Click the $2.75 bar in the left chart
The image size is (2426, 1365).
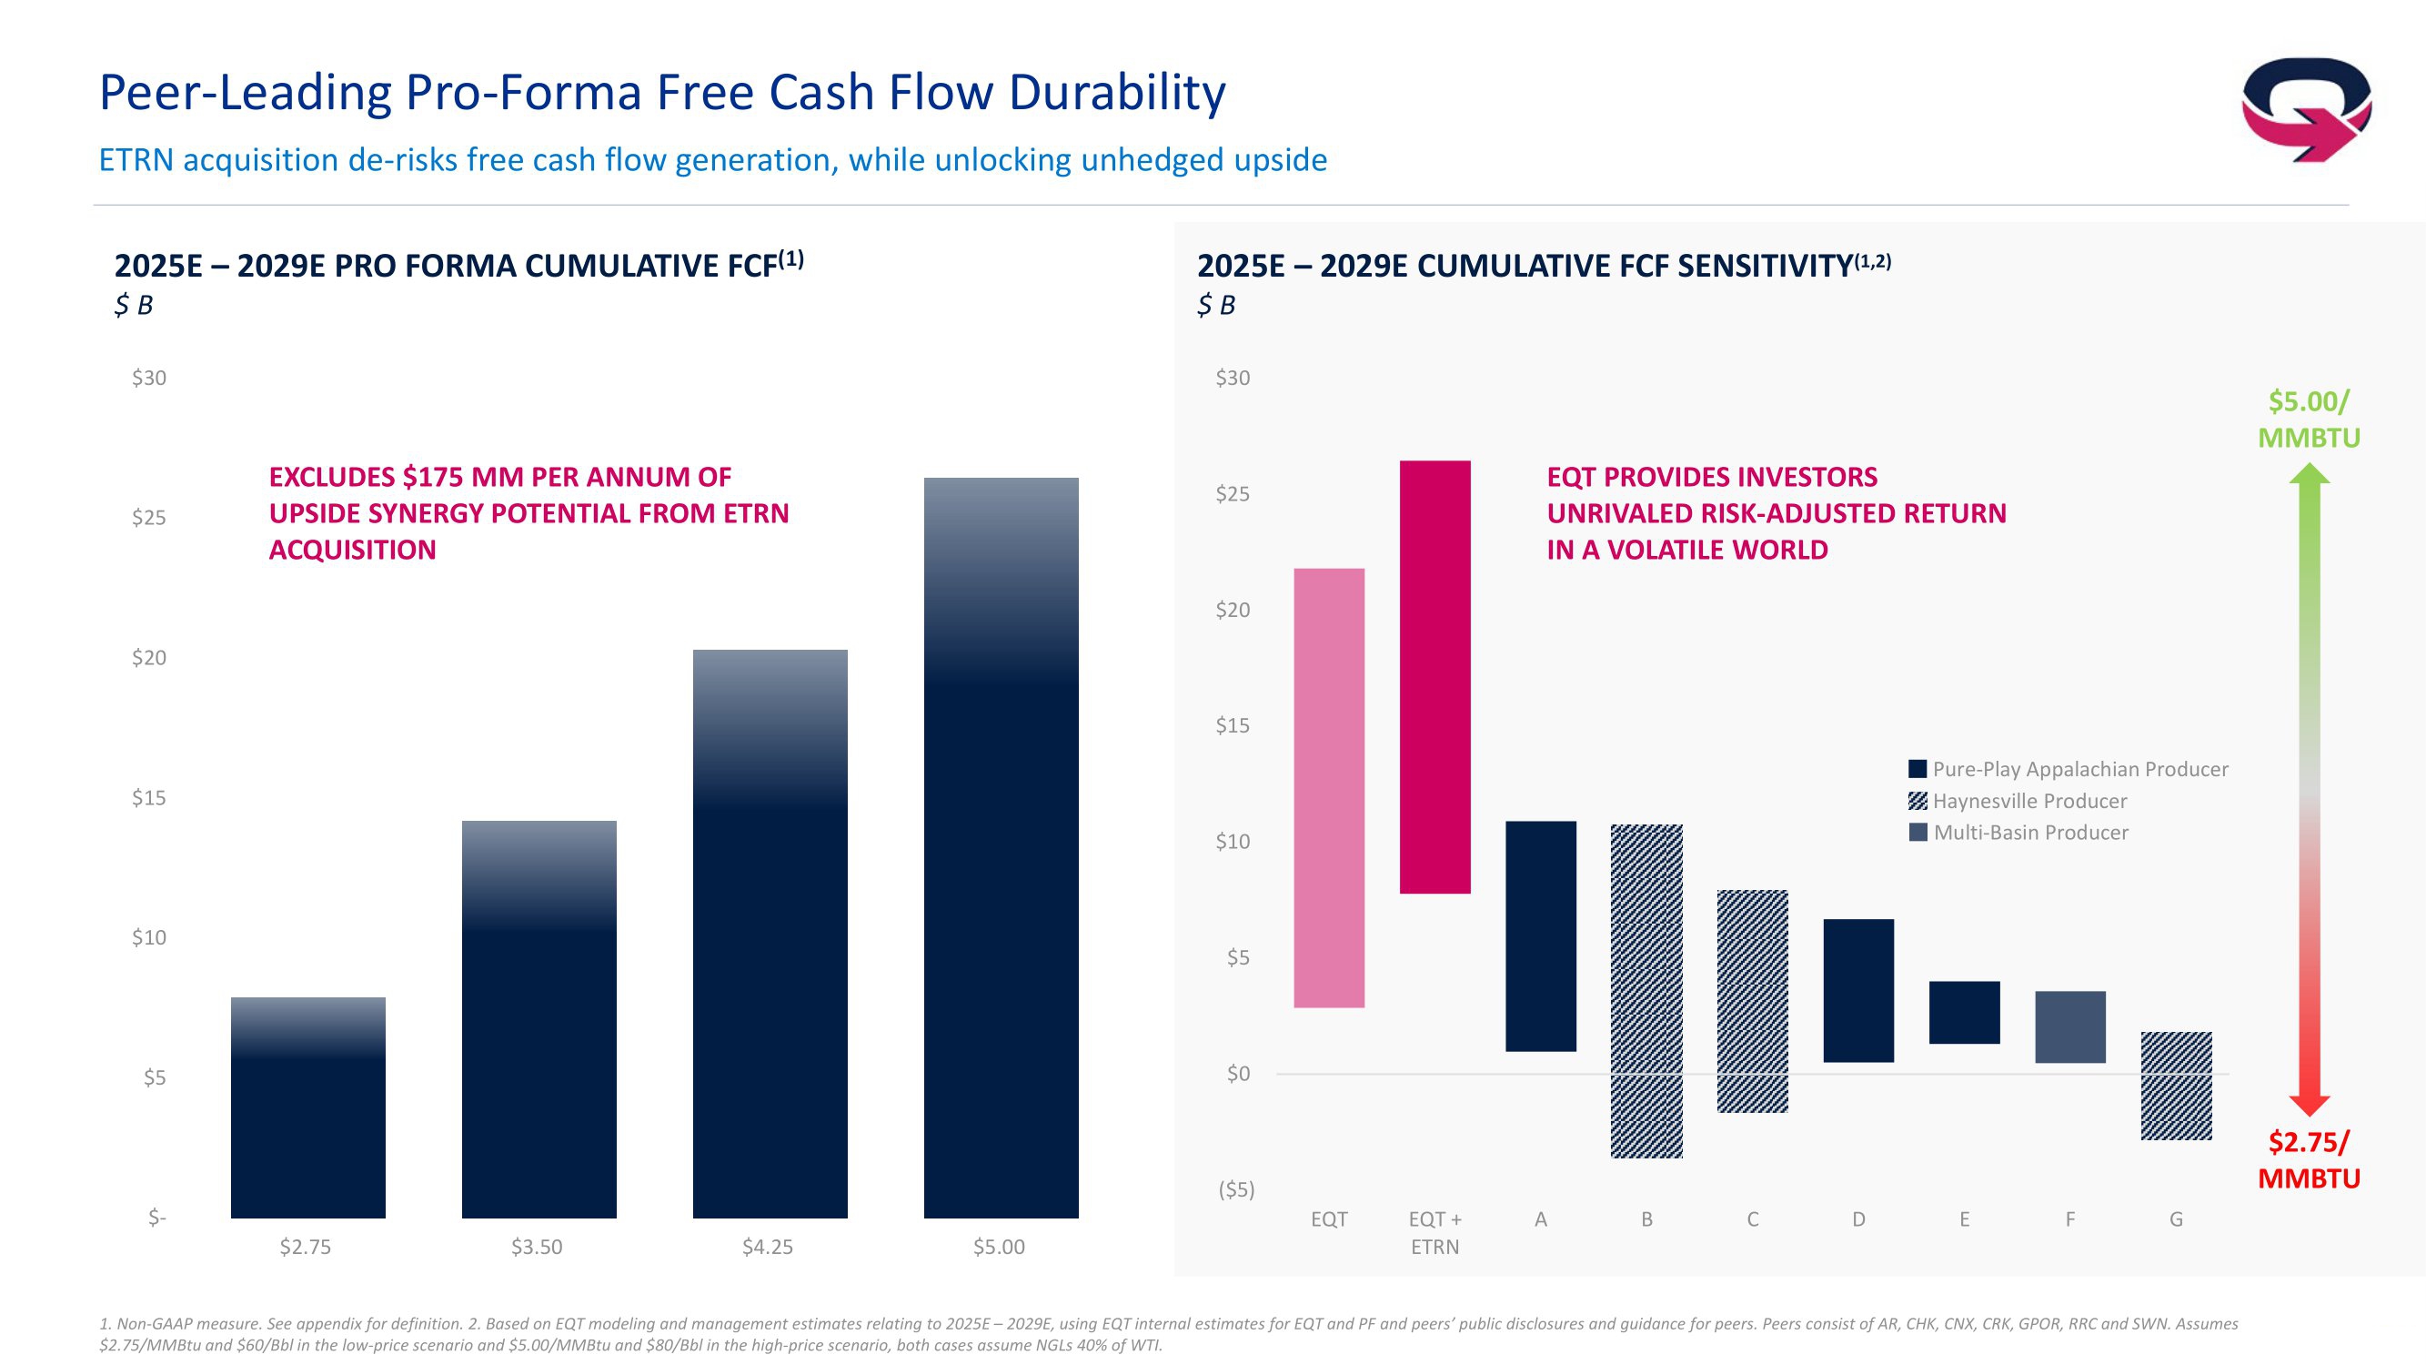308,1107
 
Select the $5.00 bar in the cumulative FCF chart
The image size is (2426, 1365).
1001,848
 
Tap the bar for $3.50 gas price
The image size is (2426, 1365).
539,1019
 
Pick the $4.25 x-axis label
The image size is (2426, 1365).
768,1248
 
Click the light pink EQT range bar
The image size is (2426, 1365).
1329,787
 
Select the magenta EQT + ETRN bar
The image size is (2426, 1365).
1434,676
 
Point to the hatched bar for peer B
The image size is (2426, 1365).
1646,991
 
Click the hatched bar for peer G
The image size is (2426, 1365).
2176,1087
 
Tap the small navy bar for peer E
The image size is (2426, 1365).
1964,1012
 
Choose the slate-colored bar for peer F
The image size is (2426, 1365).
2070,1026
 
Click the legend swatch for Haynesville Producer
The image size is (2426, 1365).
1918,801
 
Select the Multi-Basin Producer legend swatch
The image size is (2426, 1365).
1918,833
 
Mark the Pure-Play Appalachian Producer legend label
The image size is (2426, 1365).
2079,769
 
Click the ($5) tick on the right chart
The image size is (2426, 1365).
1235,1189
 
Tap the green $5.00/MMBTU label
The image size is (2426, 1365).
2309,420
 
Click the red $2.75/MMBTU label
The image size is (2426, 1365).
2309,1159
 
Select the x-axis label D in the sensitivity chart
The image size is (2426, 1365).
1858,1219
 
